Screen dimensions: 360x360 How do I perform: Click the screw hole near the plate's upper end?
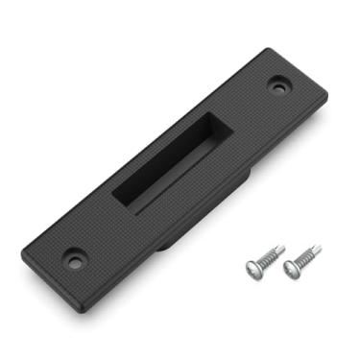pos(280,85)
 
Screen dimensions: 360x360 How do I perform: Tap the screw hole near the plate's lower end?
pos(74,257)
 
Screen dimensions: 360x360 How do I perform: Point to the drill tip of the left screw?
pos(283,246)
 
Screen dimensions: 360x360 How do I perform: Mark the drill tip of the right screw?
pos(321,249)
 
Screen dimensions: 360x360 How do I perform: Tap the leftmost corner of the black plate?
pos(22,252)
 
